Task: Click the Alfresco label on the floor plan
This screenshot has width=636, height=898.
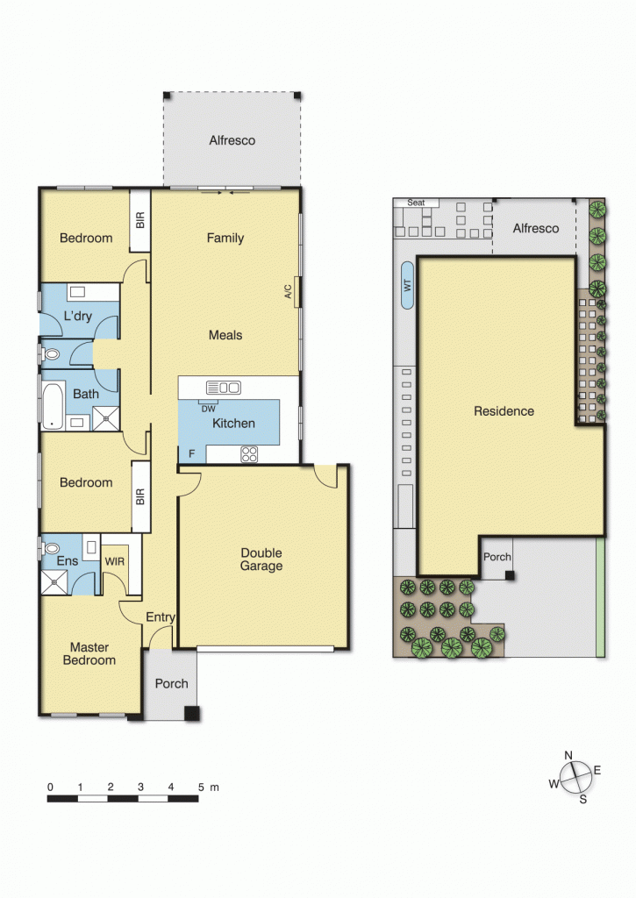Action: point(232,140)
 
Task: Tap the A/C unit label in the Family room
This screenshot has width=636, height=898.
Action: point(288,292)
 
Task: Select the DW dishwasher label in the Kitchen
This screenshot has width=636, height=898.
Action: point(208,409)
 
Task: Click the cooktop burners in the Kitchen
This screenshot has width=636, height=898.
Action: point(248,453)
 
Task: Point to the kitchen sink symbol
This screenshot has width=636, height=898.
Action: point(223,388)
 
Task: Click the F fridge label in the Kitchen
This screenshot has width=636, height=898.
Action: point(192,453)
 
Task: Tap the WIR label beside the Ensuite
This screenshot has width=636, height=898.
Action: point(115,559)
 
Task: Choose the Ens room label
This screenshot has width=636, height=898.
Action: point(68,561)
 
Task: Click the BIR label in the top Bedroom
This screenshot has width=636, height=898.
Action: point(139,218)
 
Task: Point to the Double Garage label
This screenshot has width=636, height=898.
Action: point(262,559)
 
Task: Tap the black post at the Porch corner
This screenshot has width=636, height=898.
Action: point(191,713)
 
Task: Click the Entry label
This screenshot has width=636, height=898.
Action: point(161,617)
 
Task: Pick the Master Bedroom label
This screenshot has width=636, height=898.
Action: point(89,653)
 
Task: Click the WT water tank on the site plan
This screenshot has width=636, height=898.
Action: point(407,285)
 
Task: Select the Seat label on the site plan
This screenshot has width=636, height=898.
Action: point(416,203)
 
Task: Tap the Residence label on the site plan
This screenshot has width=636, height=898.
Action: point(504,410)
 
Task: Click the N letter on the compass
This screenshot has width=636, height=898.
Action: point(568,755)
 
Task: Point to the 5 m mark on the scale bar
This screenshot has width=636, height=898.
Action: point(201,787)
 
